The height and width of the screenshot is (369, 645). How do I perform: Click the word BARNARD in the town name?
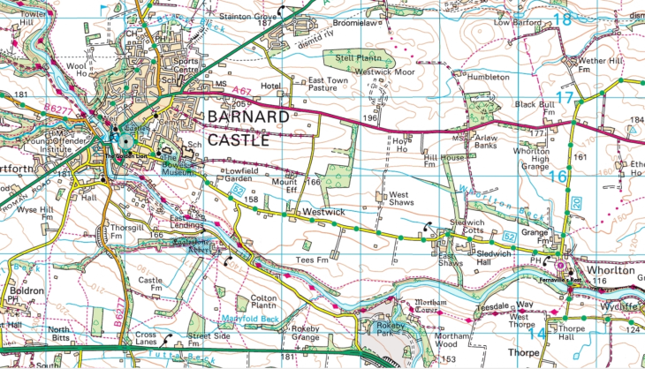tap(247, 117)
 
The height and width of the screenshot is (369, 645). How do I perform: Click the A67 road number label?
tap(241, 89)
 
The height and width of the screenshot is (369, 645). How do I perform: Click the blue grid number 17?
tap(565, 98)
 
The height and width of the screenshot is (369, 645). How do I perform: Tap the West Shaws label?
tap(399, 199)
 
